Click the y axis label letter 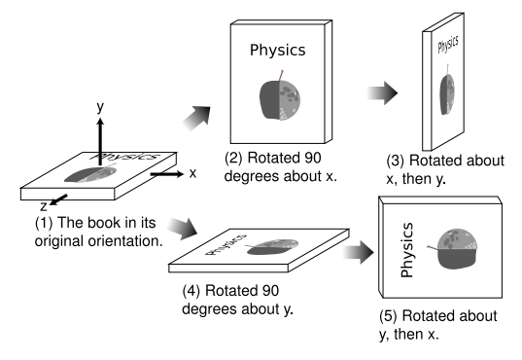click(100, 107)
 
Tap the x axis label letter click(192, 173)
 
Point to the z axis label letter click(44, 207)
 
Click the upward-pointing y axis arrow click(100, 142)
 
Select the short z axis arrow click(58, 199)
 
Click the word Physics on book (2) click(278, 51)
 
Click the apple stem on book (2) click(281, 75)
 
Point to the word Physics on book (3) click(448, 45)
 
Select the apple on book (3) click(447, 94)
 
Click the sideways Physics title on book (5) click(407, 250)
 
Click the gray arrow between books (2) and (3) click(382, 93)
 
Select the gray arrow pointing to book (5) click(359, 252)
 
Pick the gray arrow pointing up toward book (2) click(196, 119)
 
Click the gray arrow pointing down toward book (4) click(182, 229)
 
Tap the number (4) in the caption click(191, 291)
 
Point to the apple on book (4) click(272, 247)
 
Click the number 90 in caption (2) click(311, 158)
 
